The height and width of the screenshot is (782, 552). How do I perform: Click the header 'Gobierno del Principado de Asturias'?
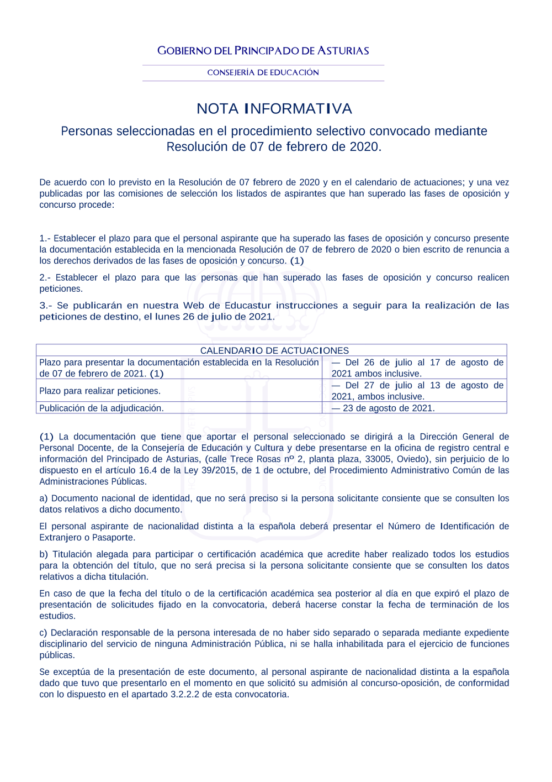click(263, 51)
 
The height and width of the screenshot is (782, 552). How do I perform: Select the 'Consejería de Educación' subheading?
click(263, 72)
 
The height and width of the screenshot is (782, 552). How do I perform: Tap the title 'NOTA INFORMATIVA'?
click(274, 109)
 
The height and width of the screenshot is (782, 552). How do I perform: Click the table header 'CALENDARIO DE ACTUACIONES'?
click(274, 350)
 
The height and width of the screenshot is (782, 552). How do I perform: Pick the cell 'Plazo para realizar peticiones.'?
click(100, 391)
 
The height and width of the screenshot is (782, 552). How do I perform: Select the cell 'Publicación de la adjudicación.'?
click(102, 408)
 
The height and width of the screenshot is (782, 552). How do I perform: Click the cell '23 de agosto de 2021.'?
click(389, 408)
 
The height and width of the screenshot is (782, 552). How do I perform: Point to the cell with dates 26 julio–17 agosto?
click(417, 368)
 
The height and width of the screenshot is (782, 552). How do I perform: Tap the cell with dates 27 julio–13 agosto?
click(417, 391)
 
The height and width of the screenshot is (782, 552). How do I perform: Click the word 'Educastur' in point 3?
click(247, 306)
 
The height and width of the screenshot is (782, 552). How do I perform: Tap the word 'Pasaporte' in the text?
click(113, 537)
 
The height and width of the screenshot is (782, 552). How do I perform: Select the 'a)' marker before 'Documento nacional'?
click(44, 498)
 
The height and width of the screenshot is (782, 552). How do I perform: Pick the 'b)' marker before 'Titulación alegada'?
click(44, 554)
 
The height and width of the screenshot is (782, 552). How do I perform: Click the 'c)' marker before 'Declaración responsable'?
click(44, 633)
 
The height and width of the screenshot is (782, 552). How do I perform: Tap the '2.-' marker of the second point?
click(45, 277)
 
